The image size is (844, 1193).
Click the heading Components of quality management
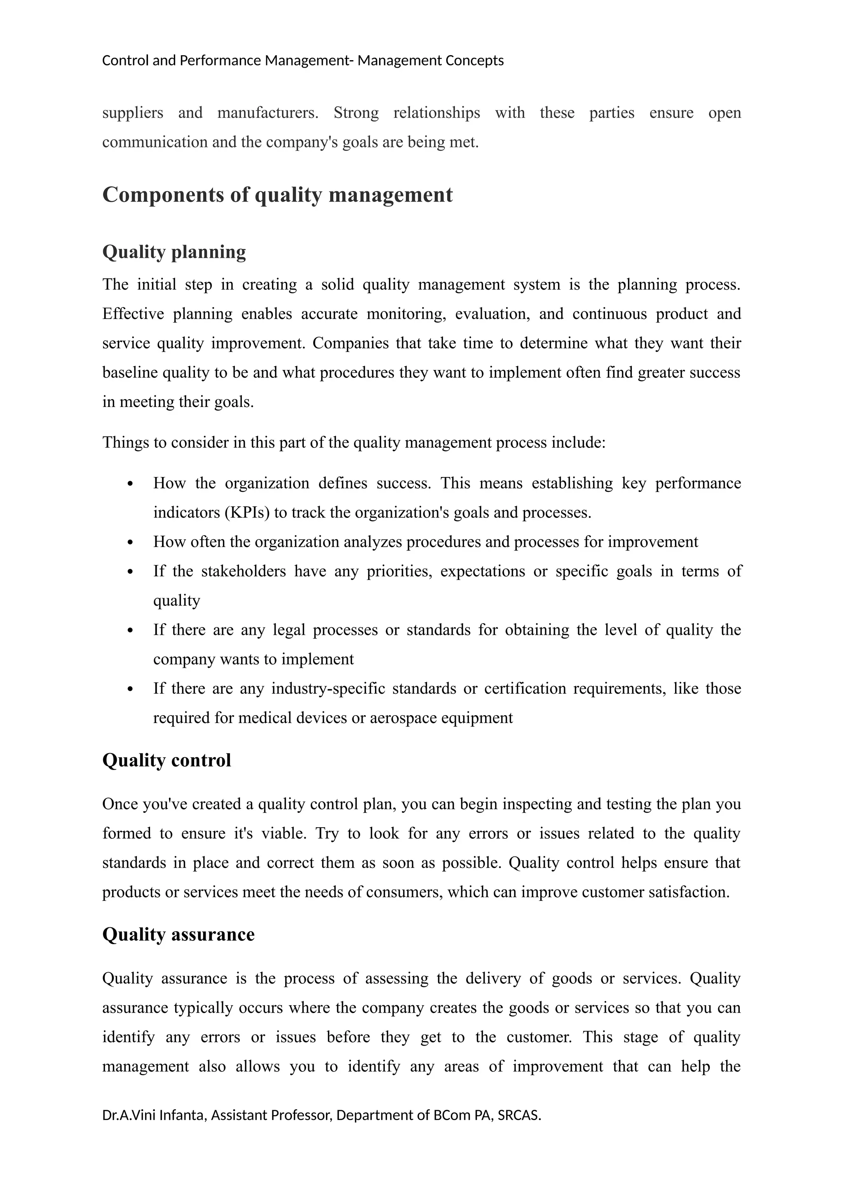tap(277, 195)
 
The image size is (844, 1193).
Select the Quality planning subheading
tap(173, 252)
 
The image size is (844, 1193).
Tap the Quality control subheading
tap(166, 760)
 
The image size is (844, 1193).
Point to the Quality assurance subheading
tap(178, 934)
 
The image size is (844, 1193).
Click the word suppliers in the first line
tap(133, 113)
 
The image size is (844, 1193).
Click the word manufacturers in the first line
tap(267, 113)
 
